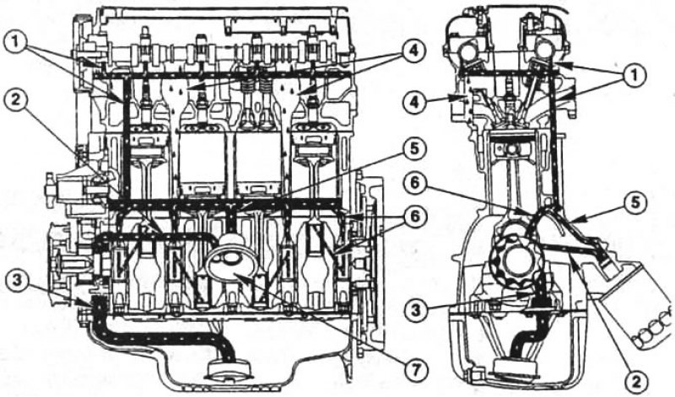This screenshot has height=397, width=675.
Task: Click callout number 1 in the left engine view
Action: point(16,43)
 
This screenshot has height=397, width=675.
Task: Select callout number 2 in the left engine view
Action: point(16,103)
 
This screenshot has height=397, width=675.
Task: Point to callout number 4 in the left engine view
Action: point(413,51)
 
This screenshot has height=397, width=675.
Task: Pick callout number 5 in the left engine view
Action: point(413,150)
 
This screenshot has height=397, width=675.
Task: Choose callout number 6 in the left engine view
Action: point(413,217)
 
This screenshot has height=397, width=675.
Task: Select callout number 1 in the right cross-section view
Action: point(634,76)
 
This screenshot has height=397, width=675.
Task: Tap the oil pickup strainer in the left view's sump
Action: point(229,370)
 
